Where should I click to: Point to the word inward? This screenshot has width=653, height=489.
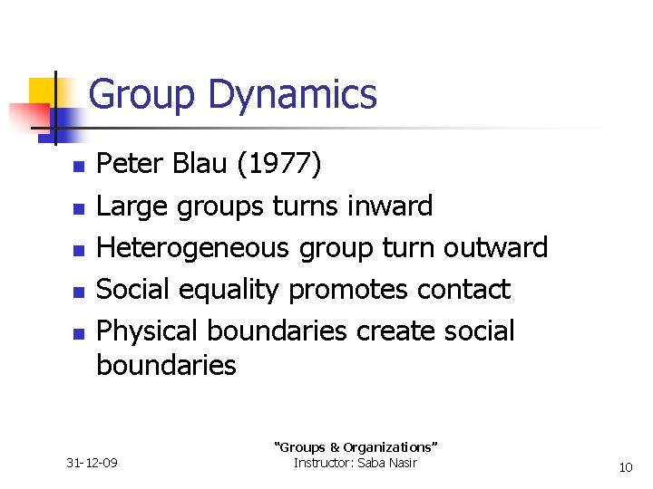pyautogui.click(x=390, y=206)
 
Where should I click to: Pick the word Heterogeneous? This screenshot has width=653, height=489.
pyautogui.click(x=190, y=248)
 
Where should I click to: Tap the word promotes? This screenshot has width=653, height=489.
pyautogui.click(x=349, y=290)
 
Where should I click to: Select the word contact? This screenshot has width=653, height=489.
pyautogui.click(x=463, y=290)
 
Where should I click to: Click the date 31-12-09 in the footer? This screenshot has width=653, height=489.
pyautogui.click(x=93, y=464)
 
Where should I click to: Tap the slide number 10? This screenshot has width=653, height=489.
pyautogui.click(x=625, y=467)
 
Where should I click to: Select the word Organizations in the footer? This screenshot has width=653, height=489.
pyautogui.click(x=389, y=447)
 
